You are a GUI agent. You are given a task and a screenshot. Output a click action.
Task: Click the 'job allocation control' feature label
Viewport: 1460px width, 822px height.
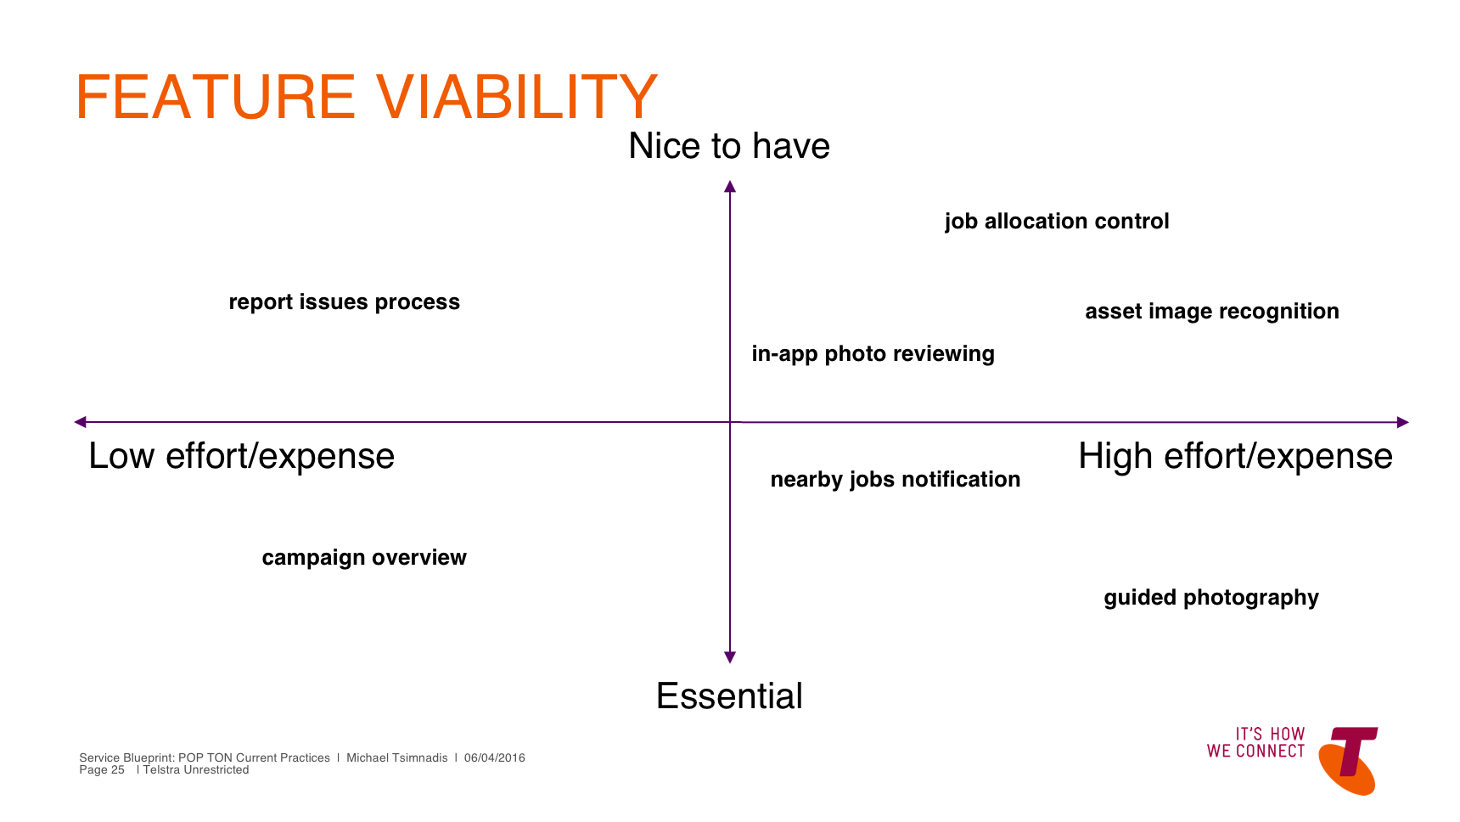coord(1057,222)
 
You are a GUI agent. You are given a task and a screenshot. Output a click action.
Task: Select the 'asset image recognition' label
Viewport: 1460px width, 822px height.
coord(1212,312)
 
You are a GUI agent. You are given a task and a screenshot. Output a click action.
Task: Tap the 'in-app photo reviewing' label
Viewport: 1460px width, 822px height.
coord(873,354)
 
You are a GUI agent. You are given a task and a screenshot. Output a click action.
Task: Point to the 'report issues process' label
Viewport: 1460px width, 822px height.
coord(344,302)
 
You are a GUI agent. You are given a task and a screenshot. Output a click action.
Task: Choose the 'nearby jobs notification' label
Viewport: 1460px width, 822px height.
coord(896,480)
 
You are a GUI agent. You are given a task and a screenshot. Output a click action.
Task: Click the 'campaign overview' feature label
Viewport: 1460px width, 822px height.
coord(364,558)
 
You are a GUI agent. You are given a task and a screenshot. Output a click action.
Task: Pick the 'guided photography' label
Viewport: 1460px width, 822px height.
coord(1211,598)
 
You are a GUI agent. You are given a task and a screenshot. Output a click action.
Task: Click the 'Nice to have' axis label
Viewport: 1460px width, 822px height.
coord(729,146)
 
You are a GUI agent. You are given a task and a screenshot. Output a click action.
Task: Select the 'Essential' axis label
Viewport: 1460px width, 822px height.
coord(729,696)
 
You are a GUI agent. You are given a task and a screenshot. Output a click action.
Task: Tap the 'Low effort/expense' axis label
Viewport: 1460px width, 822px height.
coord(242,457)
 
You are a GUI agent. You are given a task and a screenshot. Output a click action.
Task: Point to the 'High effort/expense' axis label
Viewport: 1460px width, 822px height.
coord(1235,457)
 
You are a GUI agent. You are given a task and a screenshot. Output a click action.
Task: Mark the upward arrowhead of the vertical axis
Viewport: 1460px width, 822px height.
coord(730,186)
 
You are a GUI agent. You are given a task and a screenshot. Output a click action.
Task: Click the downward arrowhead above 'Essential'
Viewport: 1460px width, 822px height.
coord(730,657)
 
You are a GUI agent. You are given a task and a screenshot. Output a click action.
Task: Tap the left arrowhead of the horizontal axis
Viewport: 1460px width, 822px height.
coord(80,422)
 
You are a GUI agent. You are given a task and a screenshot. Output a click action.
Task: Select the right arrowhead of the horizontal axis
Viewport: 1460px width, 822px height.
coord(1403,422)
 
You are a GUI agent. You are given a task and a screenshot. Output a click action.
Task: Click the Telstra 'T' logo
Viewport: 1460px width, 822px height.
coord(1349,759)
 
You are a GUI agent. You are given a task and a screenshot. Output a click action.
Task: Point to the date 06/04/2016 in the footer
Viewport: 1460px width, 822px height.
coord(494,758)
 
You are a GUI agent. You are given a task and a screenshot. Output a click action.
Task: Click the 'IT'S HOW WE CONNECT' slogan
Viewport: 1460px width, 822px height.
coord(1255,743)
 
